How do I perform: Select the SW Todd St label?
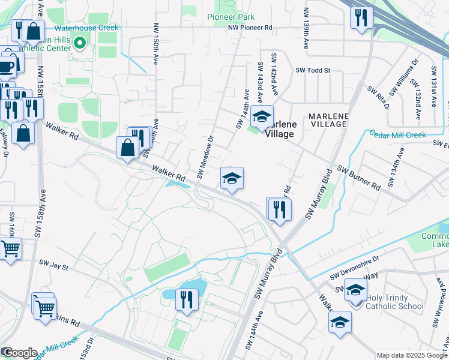click(x=313, y=70)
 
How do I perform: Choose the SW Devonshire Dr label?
click(x=355, y=265)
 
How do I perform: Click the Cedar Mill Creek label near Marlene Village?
click(x=397, y=134)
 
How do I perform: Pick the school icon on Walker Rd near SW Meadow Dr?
click(x=232, y=178)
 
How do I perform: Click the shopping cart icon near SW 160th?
click(x=10, y=248)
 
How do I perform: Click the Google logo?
click(x=19, y=353)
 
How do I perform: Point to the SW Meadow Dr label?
click(x=205, y=157)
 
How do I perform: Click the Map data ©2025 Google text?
click(x=411, y=355)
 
